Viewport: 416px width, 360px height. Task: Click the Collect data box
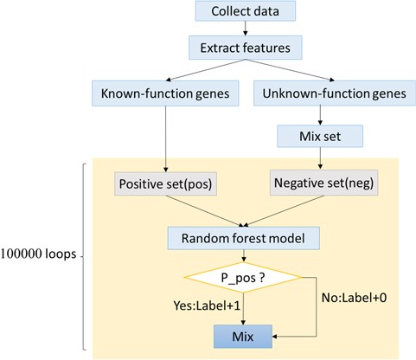click(x=246, y=12)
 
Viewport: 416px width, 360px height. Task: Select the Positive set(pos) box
click(x=163, y=183)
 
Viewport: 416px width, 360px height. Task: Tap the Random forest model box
click(x=246, y=236)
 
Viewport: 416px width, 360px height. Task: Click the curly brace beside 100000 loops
click(x=82, y=255)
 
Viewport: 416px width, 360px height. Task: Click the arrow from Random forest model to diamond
click(x=246, y=254)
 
